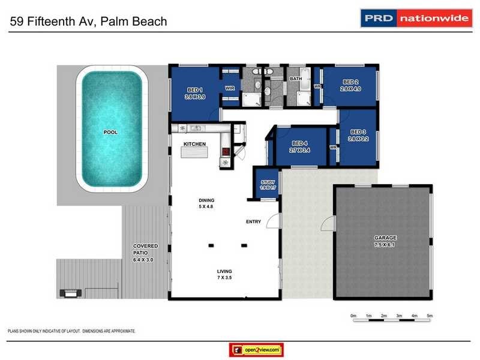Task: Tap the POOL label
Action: click(110, 132)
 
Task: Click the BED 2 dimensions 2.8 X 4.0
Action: click(350, 89)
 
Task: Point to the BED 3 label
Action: click(358, 132)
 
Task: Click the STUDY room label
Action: click(267, 182)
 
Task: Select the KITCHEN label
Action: click(195, 144)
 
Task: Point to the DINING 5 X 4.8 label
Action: click(206, 203)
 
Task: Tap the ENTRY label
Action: click(253, 222)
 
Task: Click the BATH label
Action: click(296, 79)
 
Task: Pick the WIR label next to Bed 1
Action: click(229, 88)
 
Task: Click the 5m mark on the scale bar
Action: click(430, 316)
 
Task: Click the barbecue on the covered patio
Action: click(70, 293)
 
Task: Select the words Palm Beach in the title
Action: click(134, 22)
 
